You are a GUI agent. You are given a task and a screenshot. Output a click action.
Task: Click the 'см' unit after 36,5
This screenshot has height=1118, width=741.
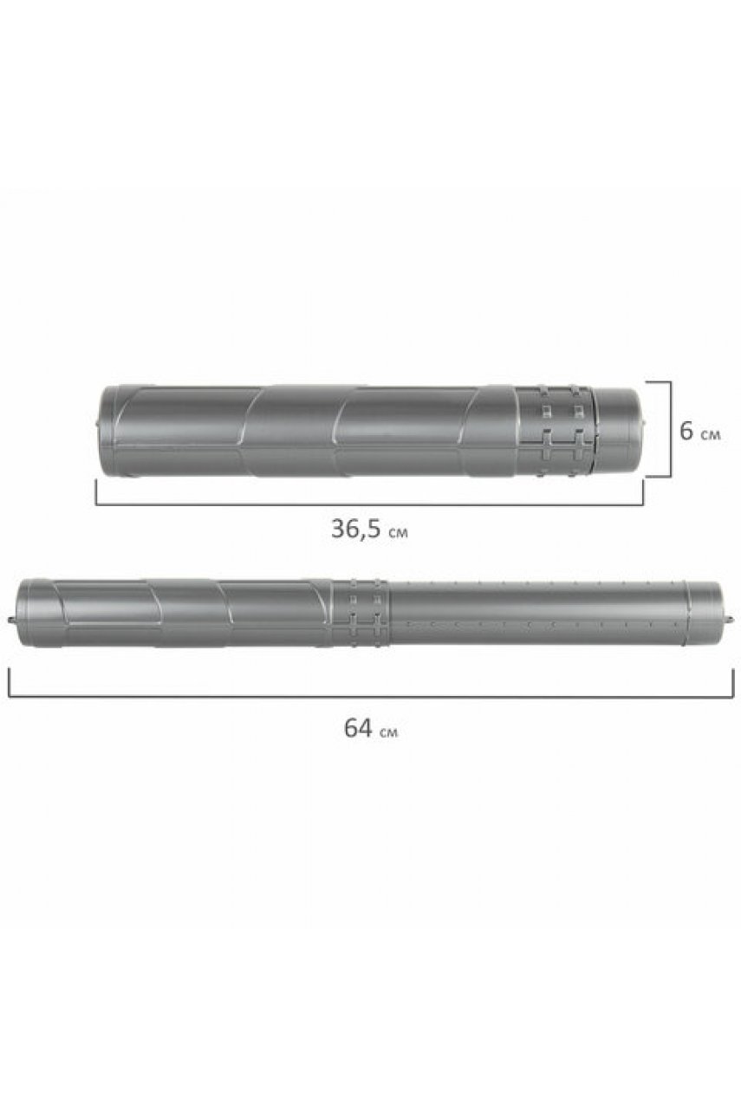(397, 532)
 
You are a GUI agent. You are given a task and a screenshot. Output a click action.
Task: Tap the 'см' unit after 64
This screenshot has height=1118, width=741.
(388, 732)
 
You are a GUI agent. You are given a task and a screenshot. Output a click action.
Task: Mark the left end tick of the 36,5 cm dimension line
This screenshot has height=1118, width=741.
(96, 491)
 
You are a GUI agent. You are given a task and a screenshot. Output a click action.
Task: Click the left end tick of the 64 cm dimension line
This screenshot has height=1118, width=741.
(9, 683)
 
